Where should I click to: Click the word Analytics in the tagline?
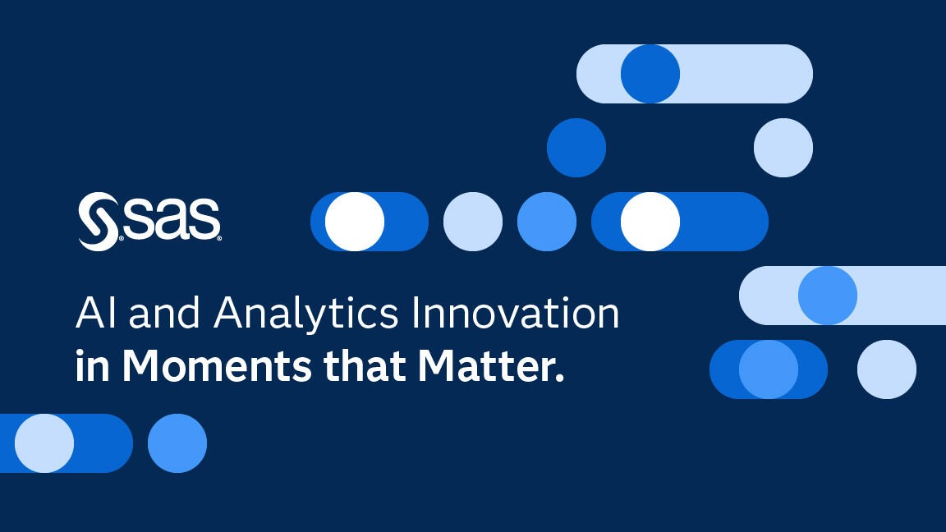point(305,314)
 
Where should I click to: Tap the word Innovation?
point(515,313)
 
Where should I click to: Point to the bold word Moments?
point(217,365)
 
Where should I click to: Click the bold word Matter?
point(491,365)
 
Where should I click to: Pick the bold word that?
point(365,365)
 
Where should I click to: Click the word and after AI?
point(164,313)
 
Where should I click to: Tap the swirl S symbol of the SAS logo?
point(99,222)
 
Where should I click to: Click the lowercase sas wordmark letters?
point(172,218)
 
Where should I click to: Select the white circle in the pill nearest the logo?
point(355,222)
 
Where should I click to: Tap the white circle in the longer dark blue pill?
point(650,222)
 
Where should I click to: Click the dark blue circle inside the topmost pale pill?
point(650,74)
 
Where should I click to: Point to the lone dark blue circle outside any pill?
point(576,148)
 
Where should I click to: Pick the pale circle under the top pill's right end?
point(783,148)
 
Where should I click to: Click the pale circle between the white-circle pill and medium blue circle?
point(473,222)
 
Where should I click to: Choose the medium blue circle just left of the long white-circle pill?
point(547,222)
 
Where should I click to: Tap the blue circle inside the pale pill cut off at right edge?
point(828,296)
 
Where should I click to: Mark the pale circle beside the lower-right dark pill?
point(887,369)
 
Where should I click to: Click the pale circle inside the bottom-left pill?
point(44,443)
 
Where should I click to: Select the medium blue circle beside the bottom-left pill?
point(177,443)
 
